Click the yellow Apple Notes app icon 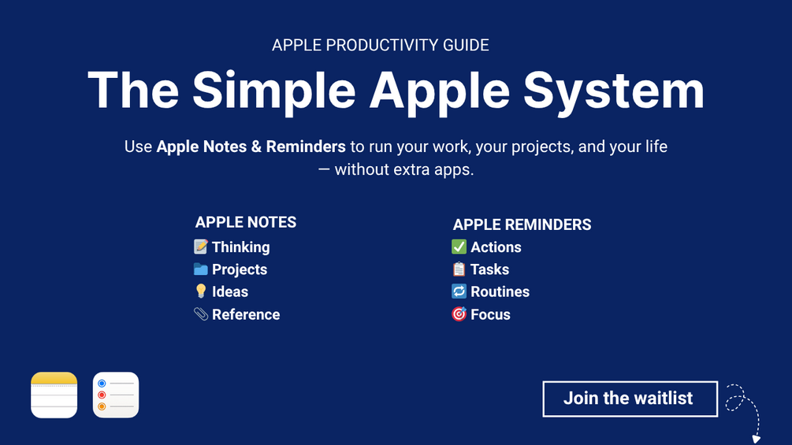point(54,395)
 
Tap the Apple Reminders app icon point(116,395)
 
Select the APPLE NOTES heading point(245,222)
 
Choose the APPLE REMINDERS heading point(522,224)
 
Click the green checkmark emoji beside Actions point(459,247)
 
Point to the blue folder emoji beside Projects point(200,269)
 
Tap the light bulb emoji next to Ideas point(200,291)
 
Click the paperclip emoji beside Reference point(200,313)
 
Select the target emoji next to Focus point(459,313)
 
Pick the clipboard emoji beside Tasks point(459,269)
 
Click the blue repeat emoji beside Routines point(459,291)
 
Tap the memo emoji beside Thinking point(200,247)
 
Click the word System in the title point(613,91)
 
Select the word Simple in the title point(273,91)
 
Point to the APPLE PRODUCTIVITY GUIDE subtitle point(381,46)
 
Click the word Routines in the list point(500,291)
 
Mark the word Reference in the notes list point(246,314)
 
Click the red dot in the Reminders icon point(102,395)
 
